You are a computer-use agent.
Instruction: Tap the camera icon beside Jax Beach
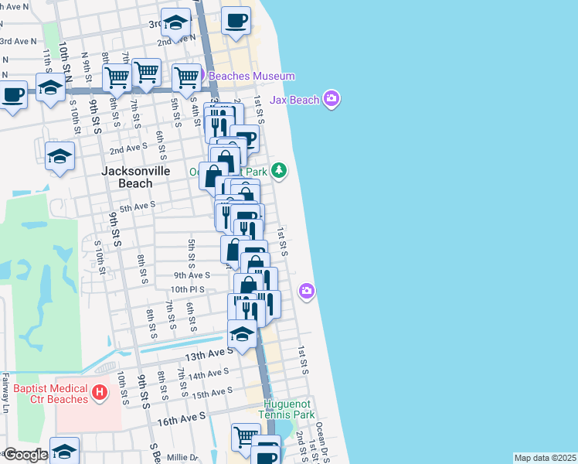pyautogui.click(x=331, y=98)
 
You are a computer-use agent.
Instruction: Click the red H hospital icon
pyautogui.click(x=99, y=394)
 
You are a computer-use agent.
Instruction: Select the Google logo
pyautogui.click(x=25, y=455)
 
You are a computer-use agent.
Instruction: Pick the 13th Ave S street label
pyautogui.click(x=209, y=354)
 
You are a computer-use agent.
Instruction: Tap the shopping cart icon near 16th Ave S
pyautogui.click(x=246, y=435)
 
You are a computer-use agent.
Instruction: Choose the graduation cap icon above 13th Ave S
pyautogui.click(x=242, y=335)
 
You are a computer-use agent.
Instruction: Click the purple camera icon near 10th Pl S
pyautogui.click(x=307, y=291)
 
